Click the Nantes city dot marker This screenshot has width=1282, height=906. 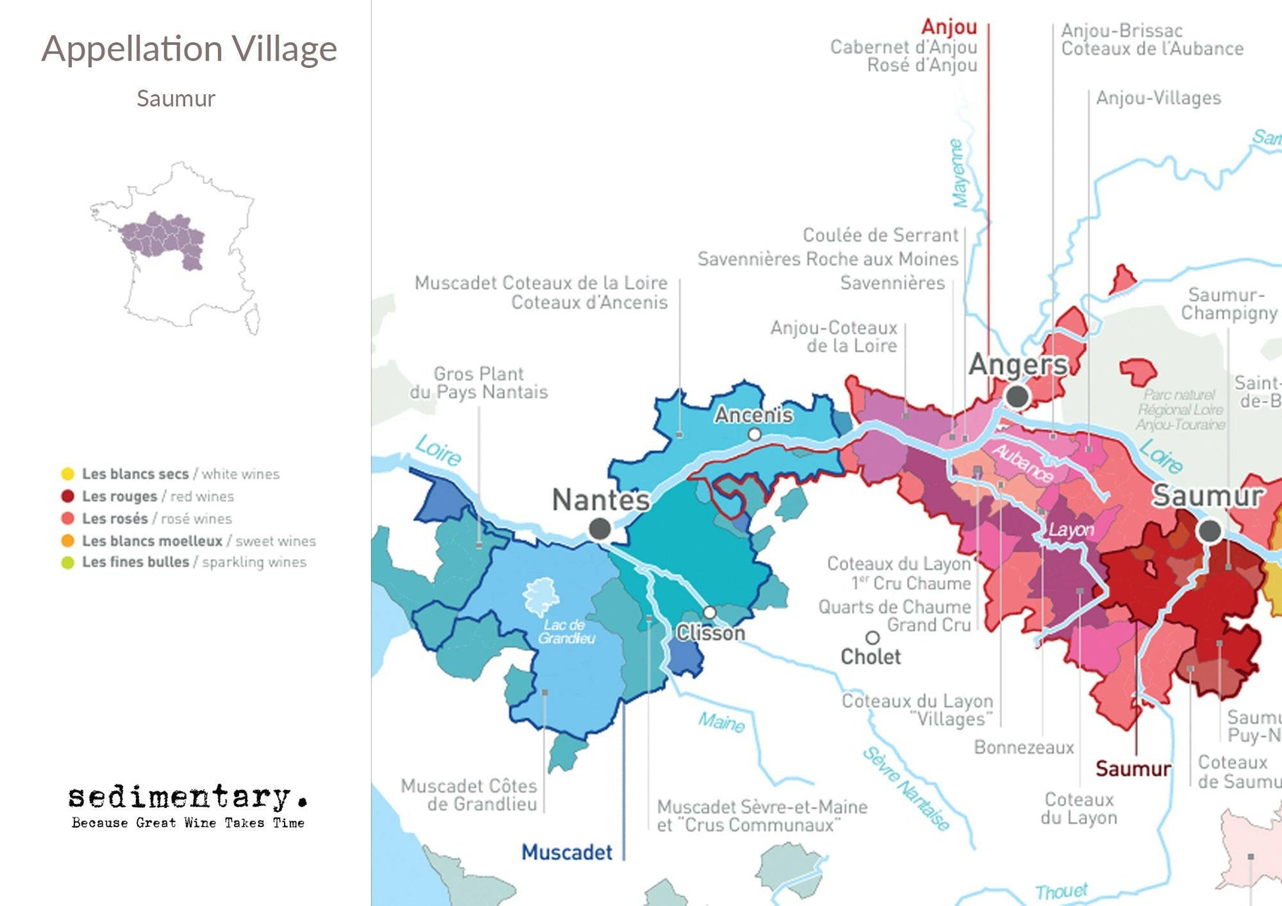tap(599, 528)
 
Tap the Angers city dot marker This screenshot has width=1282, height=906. tap(1017, 397)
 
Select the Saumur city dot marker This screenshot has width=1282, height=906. tap(1210, 530)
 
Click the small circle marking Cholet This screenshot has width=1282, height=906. tap(872, 638)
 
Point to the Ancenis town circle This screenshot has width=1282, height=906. tap(755, 434)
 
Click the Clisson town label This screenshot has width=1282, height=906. tap(710, 633)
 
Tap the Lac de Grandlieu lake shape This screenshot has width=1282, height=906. tap(542, 596)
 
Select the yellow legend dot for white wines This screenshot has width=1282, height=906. tap(67, 474)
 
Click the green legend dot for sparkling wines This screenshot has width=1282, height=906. tap(67, 563)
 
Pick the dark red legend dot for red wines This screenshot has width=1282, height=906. tap(67, 496)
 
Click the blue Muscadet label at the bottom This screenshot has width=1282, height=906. tap(567, 852)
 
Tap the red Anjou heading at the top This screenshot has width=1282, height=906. tap(949, 27)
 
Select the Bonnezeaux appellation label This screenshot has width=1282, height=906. tap(1023, 747)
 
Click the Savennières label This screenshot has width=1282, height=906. tap(892, 283)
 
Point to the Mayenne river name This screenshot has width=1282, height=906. tap(959, 173)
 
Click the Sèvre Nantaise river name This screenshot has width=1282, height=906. tap(907, 788)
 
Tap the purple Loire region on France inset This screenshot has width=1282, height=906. tap(161, 237)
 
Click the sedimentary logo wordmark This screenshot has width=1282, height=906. tap(187, 797)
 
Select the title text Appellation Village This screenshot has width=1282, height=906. tap(189, 49)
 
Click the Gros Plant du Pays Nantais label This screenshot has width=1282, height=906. tap(479, 383)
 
